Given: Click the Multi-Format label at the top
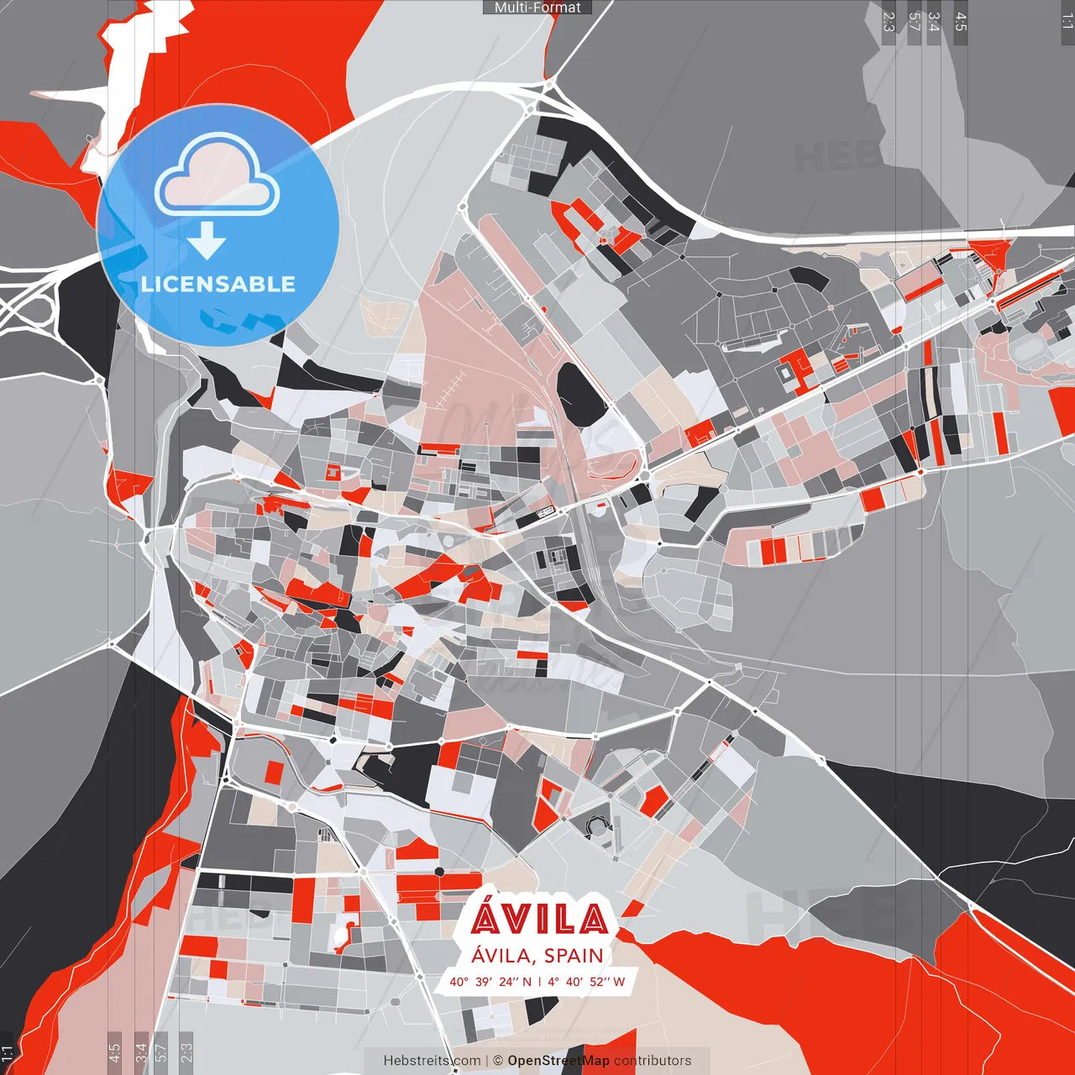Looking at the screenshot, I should tap(537, 8).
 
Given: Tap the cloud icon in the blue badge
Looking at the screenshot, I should tap(218, 176).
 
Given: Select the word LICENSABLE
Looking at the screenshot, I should tap(218, 284).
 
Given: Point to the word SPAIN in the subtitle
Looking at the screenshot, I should tap(574, 956).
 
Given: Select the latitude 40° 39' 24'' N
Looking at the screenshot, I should tap(490, 982).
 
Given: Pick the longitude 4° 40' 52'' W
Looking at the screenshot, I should tap(586, 982).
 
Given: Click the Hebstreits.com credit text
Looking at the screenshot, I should tap(432, 1061).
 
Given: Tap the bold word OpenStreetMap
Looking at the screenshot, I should tap(558, 1061).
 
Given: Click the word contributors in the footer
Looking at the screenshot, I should tap(653, 1061).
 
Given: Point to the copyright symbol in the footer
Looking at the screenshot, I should tap(498, 1061).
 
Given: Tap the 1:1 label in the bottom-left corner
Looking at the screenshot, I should tap(8, 1053).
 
